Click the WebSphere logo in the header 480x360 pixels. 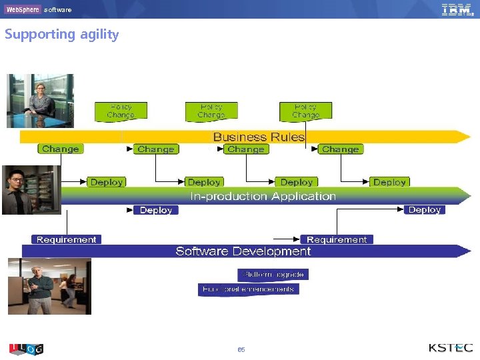tap(23, 9)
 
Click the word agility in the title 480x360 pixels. tap(99, 35)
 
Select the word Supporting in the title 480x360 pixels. tap(40, 35)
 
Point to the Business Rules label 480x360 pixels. tap(259, 137)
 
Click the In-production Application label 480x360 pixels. tap(263, 196)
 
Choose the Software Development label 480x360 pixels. tap(243, 251)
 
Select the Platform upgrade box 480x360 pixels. tap(273, 274)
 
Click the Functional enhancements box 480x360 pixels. tap(249, 289)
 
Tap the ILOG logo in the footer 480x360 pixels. tap(26, 349)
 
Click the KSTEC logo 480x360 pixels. tap(451, 348)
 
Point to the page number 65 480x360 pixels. tap(241, 349)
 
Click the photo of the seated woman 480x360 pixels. tap(40, 100)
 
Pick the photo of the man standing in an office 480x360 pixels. tap(49, 286)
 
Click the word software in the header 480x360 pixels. tap(58, 10)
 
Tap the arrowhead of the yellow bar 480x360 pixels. tap(465, 137)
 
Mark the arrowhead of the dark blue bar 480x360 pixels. tap(465, 251)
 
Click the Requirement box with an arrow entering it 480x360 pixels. tap(337, 239)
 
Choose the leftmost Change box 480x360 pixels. tap(60, 149)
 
